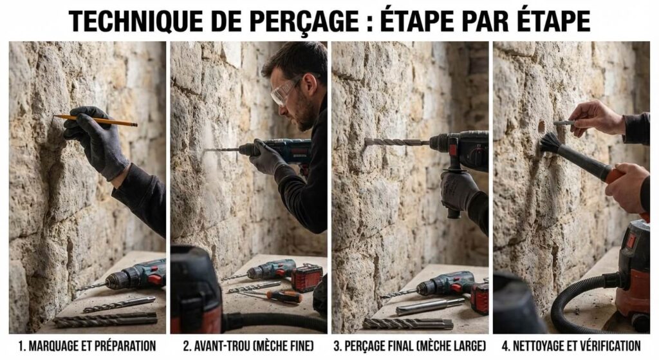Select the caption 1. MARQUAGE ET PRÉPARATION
tap(87, 346)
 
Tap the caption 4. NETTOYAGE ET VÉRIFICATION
tap(571, 346)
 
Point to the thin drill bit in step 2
tap(221, 150)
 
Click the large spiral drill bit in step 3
tap(396, 142)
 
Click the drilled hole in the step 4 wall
tap(541, 126)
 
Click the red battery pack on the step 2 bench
tap(306, 278)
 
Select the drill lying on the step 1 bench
tap(129, 276)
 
